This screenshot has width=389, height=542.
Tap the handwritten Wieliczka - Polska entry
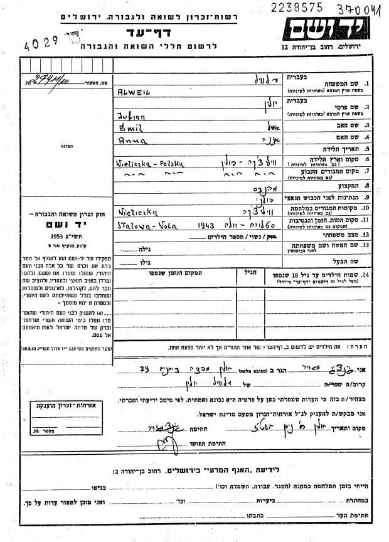(149, 162)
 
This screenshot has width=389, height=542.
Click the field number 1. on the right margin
(368, 83)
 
